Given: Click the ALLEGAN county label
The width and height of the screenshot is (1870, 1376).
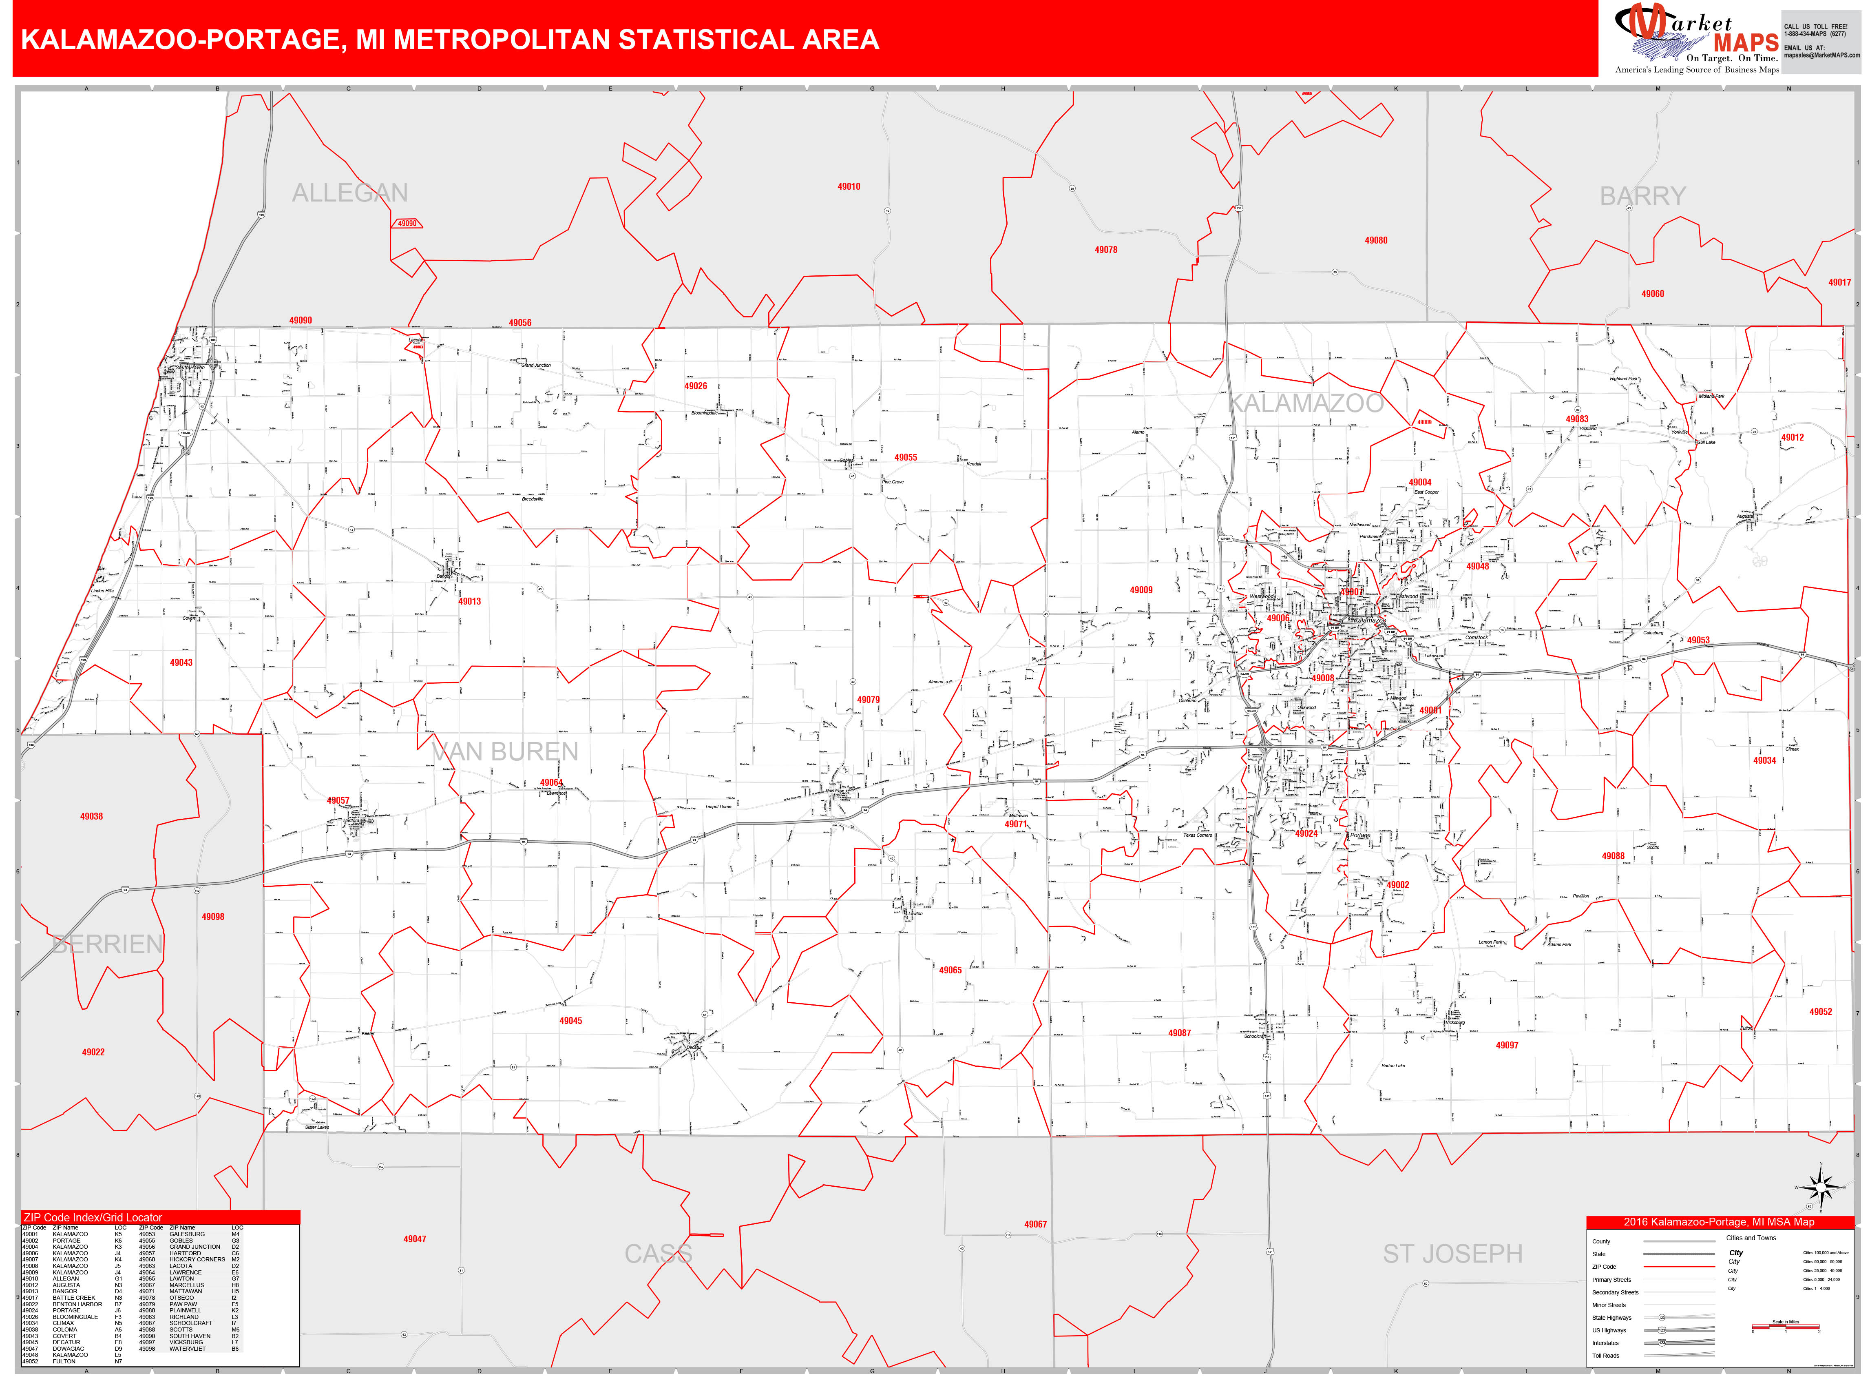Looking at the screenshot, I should (x=350, y=193).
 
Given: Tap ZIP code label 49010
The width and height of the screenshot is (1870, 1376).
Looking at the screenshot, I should (x=849, y=186).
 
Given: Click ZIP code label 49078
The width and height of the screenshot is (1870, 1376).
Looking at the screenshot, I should (x=1106, y=250).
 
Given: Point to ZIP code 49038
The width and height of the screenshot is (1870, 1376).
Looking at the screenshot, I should (x=92, y=816).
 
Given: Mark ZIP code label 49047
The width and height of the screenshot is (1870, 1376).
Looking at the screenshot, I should (x=415, y=1239).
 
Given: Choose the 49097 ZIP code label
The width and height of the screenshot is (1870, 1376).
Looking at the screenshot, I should (x=1506, y=1045).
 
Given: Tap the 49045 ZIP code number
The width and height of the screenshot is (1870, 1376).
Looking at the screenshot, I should (x=570, y=1021).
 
